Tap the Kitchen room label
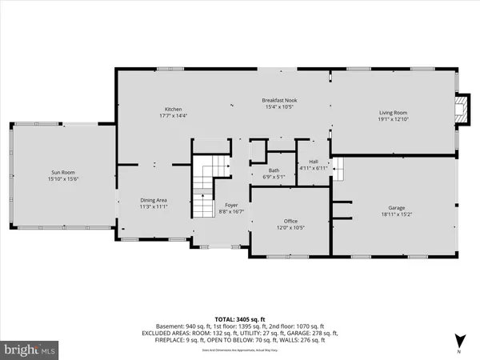(174, 109)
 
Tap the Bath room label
(274, 170)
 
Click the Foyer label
(230, 206)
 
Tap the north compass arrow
(458, 340)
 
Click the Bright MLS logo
(30, 350)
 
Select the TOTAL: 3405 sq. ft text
(239, 319)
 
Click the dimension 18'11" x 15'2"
(392, 214)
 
